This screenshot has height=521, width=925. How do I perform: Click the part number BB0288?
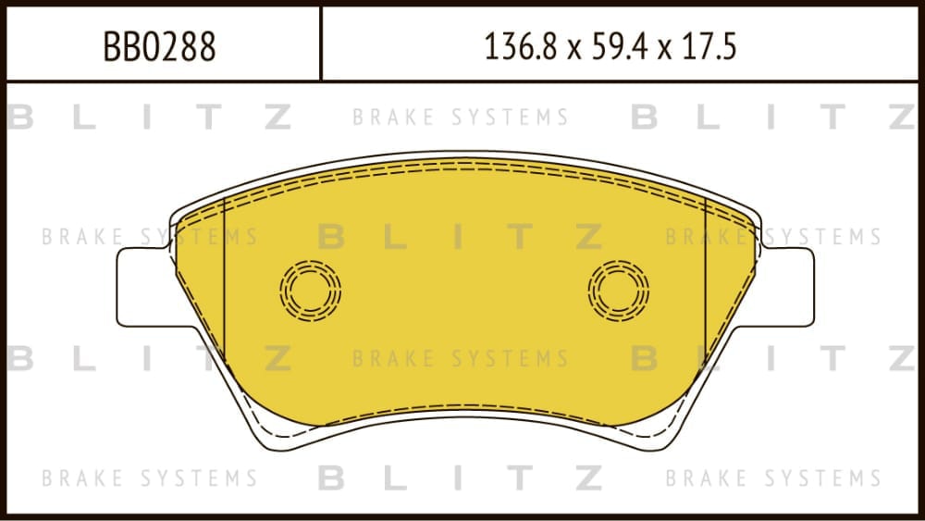[159, 46]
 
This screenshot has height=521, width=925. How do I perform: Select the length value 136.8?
[520, 46]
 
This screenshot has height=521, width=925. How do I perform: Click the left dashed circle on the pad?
[310, 291]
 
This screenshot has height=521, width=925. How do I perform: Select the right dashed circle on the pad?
[618, 291]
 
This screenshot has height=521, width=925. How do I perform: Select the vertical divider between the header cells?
[320, 43]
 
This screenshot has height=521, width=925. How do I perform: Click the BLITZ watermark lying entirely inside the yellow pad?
[460, 237]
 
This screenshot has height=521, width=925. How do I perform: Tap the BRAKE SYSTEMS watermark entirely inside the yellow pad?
[460, 358]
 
